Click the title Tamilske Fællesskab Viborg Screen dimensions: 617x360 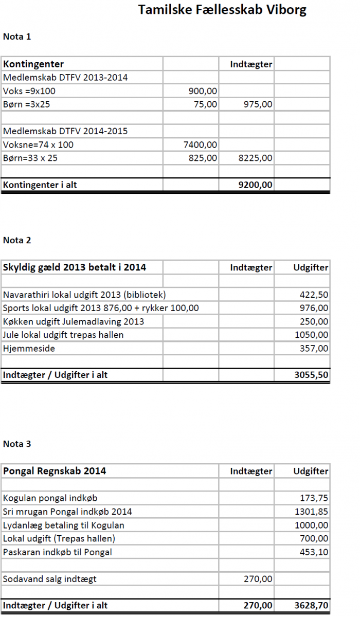click(222, 10)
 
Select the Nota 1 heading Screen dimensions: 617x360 click(17, 37)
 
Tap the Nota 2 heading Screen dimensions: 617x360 click(17, 240)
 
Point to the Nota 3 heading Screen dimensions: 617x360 click(17, 444)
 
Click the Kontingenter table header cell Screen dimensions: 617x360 click(33, 64)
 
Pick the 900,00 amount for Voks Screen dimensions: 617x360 click(203, 91)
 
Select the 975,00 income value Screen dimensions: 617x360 click(259, 104)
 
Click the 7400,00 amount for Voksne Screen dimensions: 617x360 click(200, 144)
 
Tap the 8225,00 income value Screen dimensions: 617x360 click(256, 158)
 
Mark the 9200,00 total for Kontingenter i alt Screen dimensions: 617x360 click(256, 185)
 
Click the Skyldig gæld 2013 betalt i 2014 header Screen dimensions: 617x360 click(75, 267)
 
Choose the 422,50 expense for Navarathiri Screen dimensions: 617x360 click(314, 295)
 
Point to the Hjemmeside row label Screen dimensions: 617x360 click(29, 348)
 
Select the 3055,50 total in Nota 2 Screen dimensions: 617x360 click(311, 375)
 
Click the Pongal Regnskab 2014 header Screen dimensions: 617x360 click(55, 471)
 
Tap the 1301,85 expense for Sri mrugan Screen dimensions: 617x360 click(311, 512)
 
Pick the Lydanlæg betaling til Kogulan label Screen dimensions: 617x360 click(63, 525)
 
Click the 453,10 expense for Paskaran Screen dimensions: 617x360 click(314, 552)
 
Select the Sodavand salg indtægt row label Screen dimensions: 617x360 click(49, 579)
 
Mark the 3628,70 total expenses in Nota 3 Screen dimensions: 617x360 click(311, 606)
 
